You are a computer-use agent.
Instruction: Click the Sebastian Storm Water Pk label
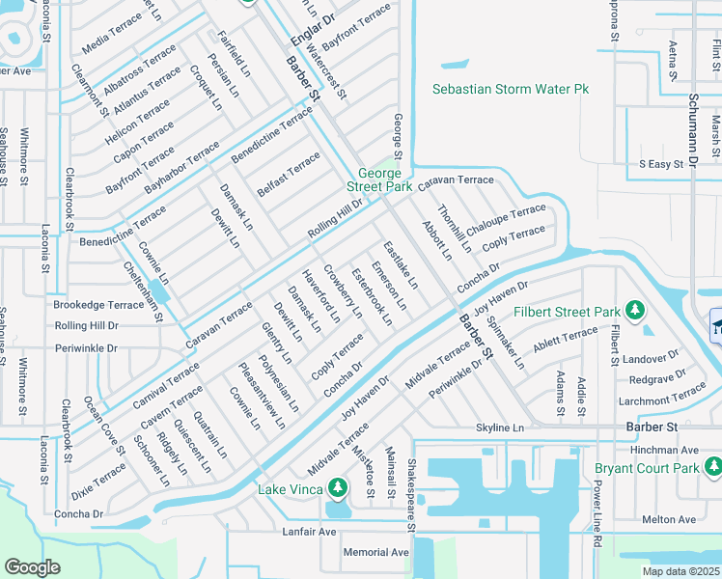pos(510,89)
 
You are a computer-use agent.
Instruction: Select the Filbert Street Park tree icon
pos(635,310)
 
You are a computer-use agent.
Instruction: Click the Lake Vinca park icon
pos(337,485)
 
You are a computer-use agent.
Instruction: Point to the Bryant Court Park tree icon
pos(712,468)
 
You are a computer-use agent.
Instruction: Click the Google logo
pos(33,566)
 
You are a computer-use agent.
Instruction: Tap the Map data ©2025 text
pos(680,571)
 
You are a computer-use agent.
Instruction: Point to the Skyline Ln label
pos(499,427)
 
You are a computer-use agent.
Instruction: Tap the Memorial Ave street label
pos(376,553)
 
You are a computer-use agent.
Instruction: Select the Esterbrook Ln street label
pos(372,295)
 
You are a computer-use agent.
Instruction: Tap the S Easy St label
pos(662,165)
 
